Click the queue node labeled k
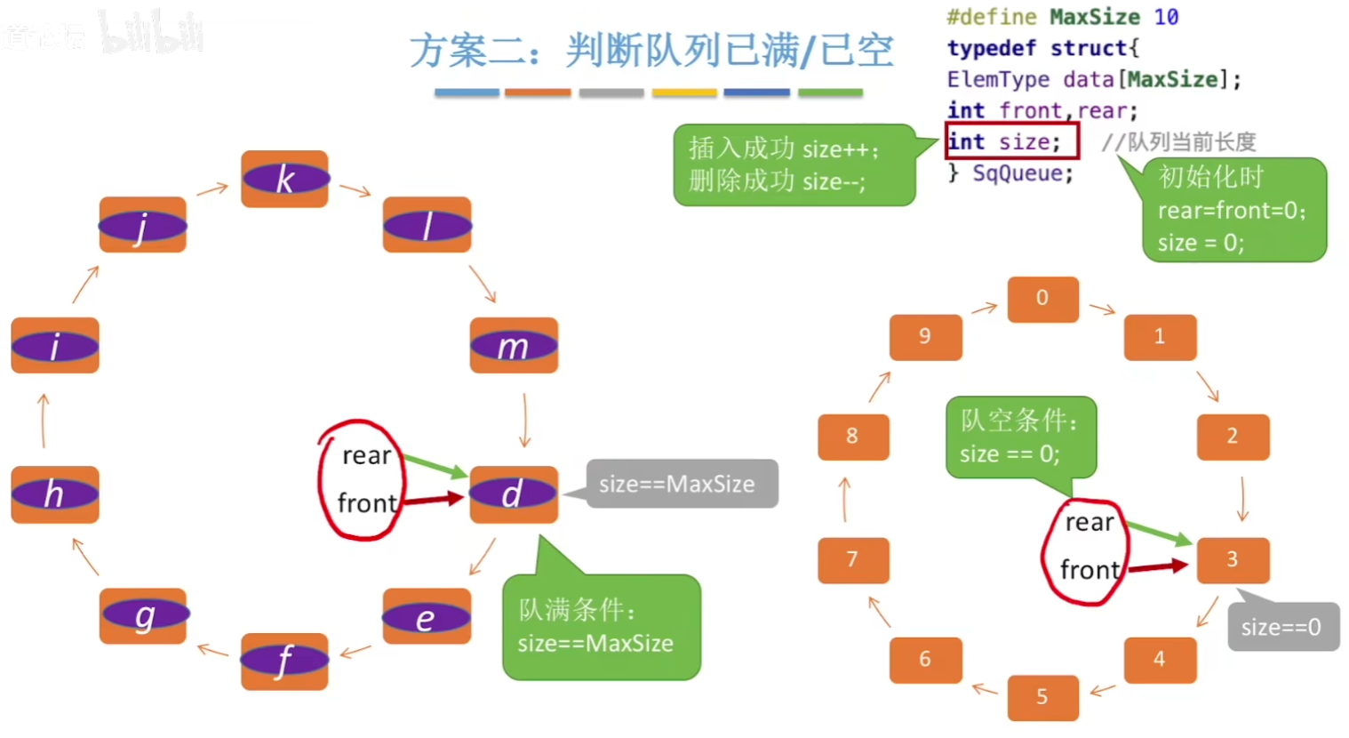pyautogui.click(x=284, y=179)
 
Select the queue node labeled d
pyautogui.click(x=513, y=494)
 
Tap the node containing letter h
pyautogui.click(x=55, y=494)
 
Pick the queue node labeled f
pyautogui.click(x=284, y=661)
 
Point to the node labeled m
pyautogui.click(x=513, y=345)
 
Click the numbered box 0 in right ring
pyautogui.click(x=1042, y=299)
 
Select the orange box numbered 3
pyautogui.click(x=1232, y=559)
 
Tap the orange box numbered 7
pyautogui.click(x=852, y=559)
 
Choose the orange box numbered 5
pyautogui.click(x=1042, y=697)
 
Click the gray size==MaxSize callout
pyautogui.click(x=681, y=484)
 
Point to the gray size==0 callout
pyautogui.click(x=1282, y=627)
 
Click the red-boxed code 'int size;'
pyautogui.click(x=1011, y=141)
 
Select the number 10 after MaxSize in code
pyautogui.click(x=1166, y=17)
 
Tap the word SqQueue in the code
pyautogui.click(x=1022, y=173)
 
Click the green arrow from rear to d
pyautogui.click(x=435, y=466)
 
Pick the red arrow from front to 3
pyautogui.click(x=1157, y=566)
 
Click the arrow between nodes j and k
pyautogui.click(x=212, y=189)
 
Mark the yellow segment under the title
pyautogui.click(x=683, y=92)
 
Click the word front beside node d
pyautogui.click(x=366, y=503)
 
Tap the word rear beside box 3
pyautogui.click(x=1089, y=523)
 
